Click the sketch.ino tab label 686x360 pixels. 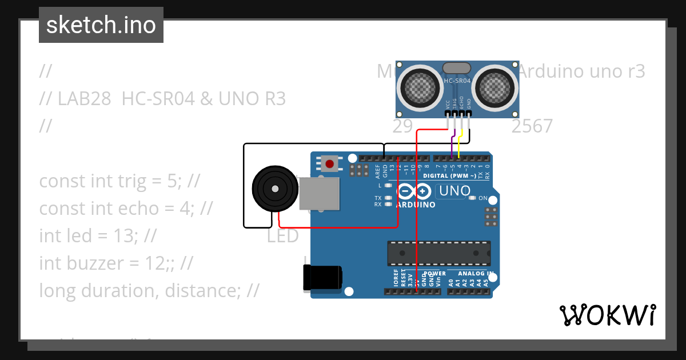[101, 25]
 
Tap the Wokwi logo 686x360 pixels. [607, 315]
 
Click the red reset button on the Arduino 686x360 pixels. [329, 164]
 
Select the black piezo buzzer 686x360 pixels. [275, 188]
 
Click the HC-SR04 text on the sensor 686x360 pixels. [457, 81]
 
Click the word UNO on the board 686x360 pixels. [454, 190]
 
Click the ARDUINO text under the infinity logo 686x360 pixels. [416, 205]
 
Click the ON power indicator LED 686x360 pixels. [472, 198]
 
